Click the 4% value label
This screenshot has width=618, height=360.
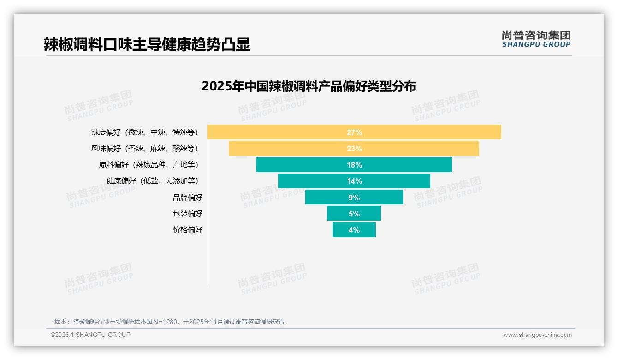coord(354,230)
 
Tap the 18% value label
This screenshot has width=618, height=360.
coord(354,165)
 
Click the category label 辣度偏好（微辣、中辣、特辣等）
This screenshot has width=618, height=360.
coord(144,132)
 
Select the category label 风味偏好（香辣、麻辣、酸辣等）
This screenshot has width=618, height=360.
coord(144,149)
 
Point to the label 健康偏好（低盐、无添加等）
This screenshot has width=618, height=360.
coord(152,181)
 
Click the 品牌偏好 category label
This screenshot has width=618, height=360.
coord(187,197)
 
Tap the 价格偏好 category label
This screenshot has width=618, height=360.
coord(187,229)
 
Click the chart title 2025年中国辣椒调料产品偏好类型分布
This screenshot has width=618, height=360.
coord(309,86)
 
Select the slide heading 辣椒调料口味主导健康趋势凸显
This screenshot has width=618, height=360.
coord(147,44)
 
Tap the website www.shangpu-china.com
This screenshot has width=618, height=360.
coord(537,335)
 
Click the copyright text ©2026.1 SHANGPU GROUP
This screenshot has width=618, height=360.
coord(90,335)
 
